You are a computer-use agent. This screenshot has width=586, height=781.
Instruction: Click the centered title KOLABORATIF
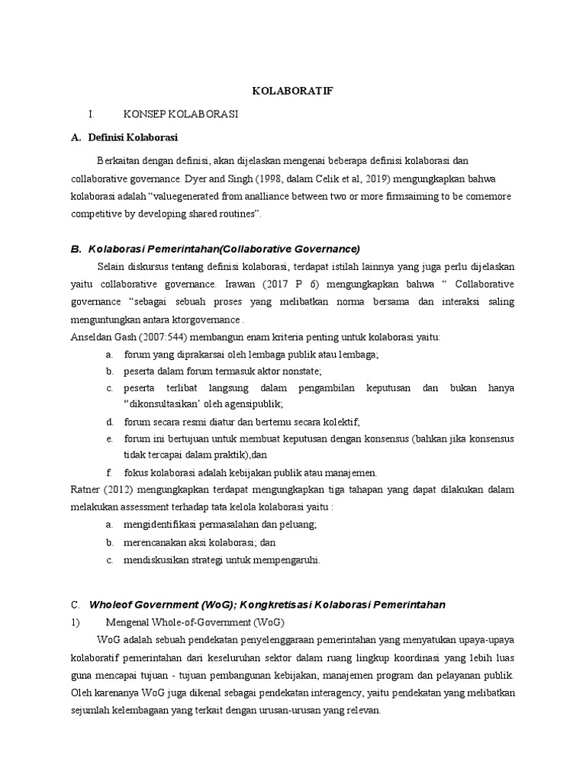293,92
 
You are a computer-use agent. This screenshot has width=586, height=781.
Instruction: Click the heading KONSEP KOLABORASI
182,114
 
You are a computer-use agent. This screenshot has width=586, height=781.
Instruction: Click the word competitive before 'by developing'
95,214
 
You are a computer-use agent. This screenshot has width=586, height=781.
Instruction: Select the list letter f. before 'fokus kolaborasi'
108,472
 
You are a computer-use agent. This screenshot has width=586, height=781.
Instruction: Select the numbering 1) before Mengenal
75,622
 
